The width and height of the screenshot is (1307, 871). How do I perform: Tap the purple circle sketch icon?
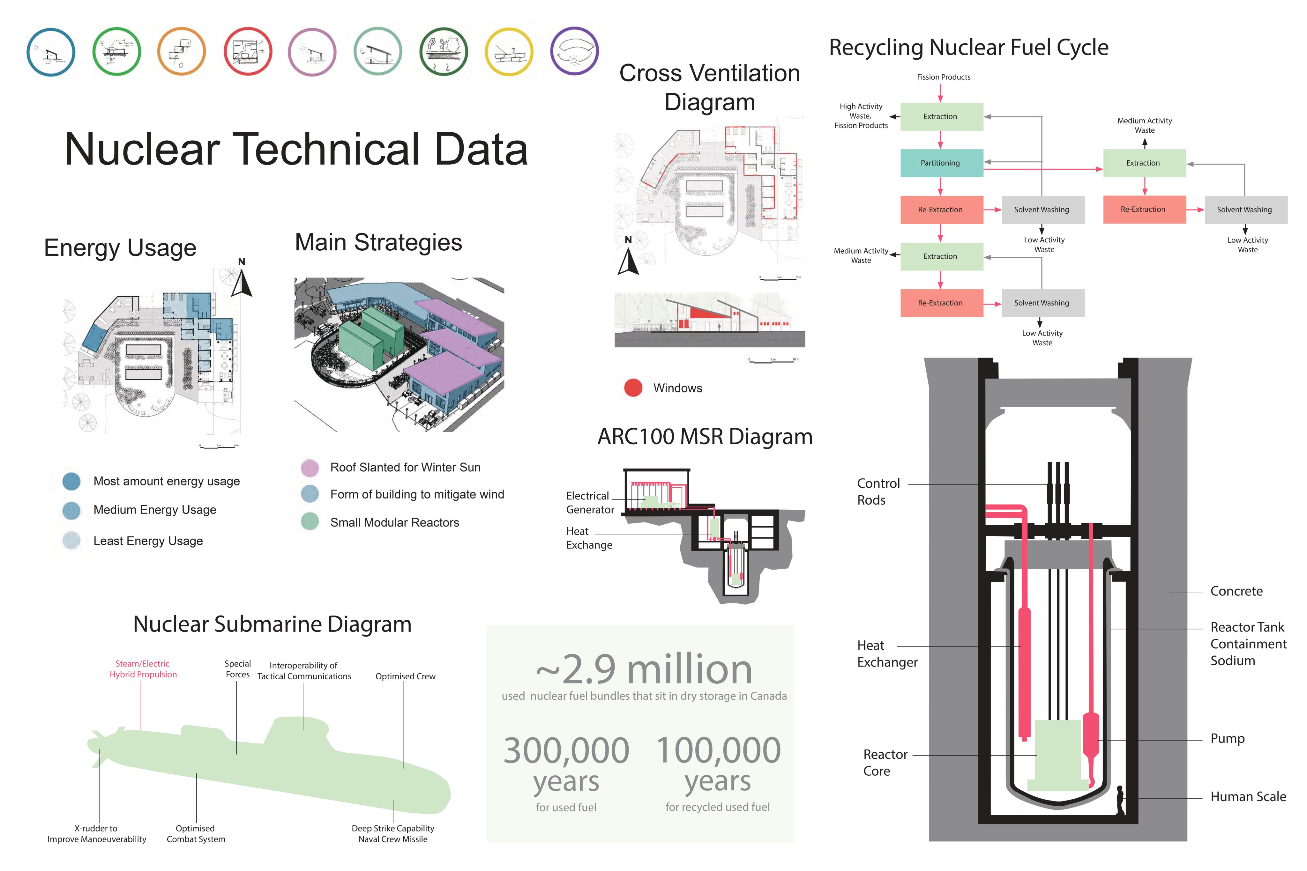(574, 51)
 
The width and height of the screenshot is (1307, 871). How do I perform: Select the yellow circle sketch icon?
(509, 52)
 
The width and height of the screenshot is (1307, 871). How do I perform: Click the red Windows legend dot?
(633, 388)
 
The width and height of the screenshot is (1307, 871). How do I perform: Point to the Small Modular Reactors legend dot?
(310, 521)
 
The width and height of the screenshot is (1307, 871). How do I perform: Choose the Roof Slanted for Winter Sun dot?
(310, 468)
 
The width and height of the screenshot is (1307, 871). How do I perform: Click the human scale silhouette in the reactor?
(1120, 800)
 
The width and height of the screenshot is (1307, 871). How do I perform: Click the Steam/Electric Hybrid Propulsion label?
(143, 669)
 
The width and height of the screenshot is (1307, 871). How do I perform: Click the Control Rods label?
(878, 491)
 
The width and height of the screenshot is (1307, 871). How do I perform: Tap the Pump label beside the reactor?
(1228, 738)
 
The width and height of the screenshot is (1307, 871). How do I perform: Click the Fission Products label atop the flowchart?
(944, 77)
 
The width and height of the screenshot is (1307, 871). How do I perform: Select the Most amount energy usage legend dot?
(72, 481)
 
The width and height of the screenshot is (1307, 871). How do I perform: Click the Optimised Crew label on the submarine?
(405, 676)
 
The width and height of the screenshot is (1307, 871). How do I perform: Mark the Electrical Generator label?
(590, 503)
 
